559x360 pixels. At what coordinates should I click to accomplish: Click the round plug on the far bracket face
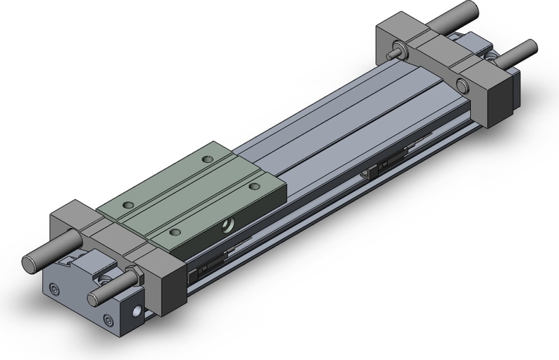click(x=461, y=86)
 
